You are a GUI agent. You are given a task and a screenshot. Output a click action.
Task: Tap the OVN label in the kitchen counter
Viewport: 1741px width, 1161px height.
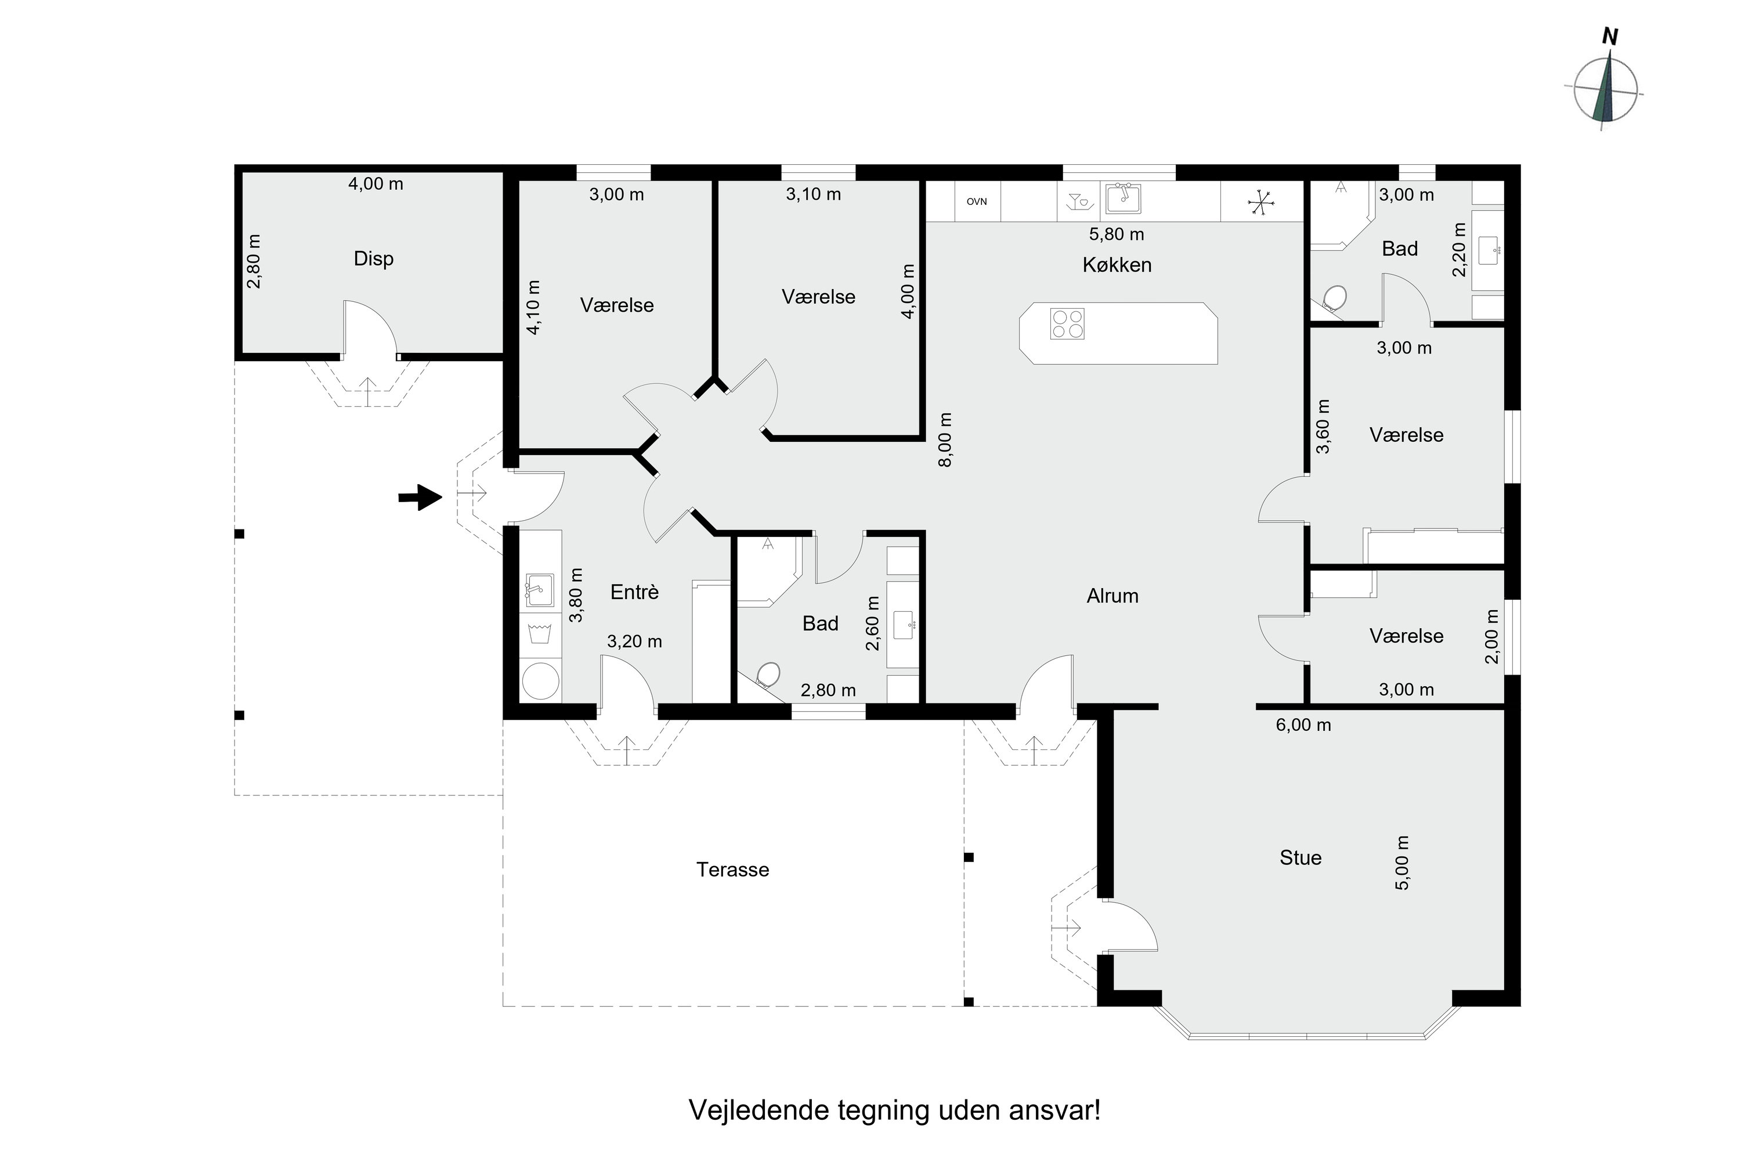(x=976, y=201)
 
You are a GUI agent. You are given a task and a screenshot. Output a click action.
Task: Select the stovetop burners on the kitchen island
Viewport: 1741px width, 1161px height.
(x=1067, y=323)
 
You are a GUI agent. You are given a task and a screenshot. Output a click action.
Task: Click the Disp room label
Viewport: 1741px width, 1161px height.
(x=373, y=258)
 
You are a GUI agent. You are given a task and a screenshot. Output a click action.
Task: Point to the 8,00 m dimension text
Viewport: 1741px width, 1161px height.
(x=945, y=440)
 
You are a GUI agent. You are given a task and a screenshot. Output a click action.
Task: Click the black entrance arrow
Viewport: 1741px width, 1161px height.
(x=420, y=497)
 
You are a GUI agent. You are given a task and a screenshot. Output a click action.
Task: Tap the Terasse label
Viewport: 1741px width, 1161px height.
(x=732, y=869)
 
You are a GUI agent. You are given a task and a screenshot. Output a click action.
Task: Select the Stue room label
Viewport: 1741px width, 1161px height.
(x=1300, y=857)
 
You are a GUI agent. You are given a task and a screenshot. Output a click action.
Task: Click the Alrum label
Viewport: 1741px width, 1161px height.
(x=1112, y=596)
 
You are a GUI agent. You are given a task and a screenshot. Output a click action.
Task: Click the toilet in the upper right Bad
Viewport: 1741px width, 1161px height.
(x=1334, y=298)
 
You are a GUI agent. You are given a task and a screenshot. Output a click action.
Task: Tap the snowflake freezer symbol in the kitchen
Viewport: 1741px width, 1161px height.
(x=1260, y=201)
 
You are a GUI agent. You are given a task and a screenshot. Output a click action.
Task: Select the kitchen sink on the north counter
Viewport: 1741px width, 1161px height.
(x=1122, y=199)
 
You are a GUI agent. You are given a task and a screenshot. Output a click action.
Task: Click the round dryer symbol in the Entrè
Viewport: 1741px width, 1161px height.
(x=540, y=681)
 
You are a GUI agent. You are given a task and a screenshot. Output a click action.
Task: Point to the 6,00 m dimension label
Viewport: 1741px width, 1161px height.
(x=1303, y=725)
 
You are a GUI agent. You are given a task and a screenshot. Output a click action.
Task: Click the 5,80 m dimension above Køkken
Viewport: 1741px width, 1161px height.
(x=1115, y=234)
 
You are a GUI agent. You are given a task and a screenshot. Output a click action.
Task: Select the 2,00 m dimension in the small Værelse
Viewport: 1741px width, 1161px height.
(x=1492, y=636)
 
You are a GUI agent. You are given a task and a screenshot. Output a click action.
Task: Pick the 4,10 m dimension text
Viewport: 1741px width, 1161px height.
(x=534, y=307)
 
